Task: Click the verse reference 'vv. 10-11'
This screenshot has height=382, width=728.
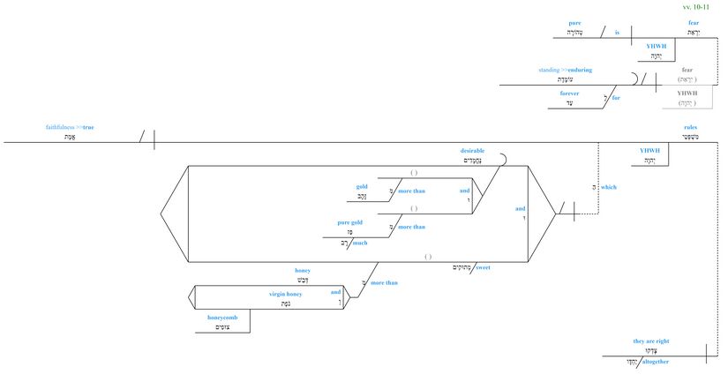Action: [708, 6]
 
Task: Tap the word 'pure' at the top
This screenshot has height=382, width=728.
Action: [574, 21]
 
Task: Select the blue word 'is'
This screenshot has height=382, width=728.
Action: [617, 33]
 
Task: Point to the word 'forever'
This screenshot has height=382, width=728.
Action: [568, 92]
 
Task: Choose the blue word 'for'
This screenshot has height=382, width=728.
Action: [616, 98]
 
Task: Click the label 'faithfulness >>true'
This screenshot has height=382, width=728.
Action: [70, 127]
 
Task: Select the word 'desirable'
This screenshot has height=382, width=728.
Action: [472, 150]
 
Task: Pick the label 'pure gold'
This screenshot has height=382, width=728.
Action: [350, 223]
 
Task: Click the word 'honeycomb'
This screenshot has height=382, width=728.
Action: [223, 317]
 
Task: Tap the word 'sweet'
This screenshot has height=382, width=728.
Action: [483, 266]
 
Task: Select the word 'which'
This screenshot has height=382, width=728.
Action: [608, 187]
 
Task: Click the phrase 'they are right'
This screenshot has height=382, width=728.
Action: [652, 340]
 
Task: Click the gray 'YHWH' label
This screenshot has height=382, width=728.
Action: [687, 91]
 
